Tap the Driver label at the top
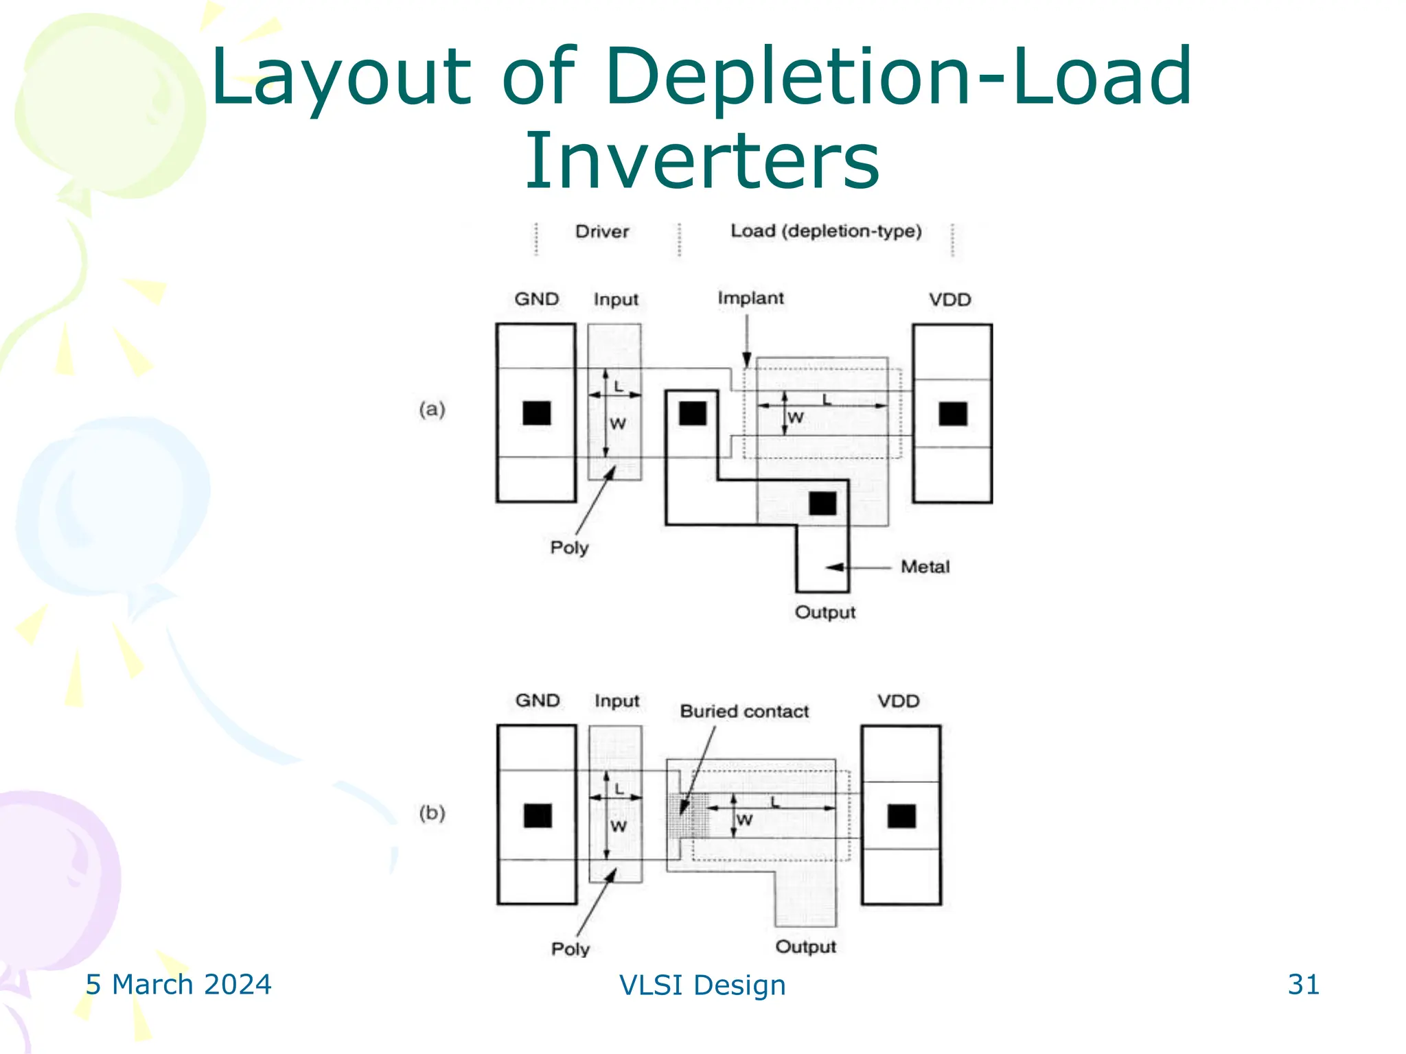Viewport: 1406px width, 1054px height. click(x=602, y=232)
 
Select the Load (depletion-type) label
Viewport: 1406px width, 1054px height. click(x=826, y=231)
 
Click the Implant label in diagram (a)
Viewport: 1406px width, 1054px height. click(x=750, y=298)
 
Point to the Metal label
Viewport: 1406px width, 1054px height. click(x=925, y=567)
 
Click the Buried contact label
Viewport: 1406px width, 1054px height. click(x=744, y=712)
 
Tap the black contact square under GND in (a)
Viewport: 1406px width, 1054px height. click(x=537, y=413)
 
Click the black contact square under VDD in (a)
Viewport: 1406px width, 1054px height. click(x=953, y=414)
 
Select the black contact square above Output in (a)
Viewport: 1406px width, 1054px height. click(x=822, y=503)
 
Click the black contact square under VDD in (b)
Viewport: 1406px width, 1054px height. click(x=901, y=816)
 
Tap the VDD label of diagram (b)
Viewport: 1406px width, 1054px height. click(x=898, y=701)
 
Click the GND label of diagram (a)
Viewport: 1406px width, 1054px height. click(x=537, y=300)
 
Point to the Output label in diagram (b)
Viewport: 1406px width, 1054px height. click(x=806, y=947)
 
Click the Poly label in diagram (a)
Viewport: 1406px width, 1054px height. click(x=569, y=548)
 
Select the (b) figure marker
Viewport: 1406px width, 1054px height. click(x=432, y=813)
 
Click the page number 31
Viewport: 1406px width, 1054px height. click(x=1303, y=985)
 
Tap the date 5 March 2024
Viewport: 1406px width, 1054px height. click(x=178, y=985)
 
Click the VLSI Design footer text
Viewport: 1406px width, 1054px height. click(x=702, y=985)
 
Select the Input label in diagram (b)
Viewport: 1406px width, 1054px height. click(x=616, y=701)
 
